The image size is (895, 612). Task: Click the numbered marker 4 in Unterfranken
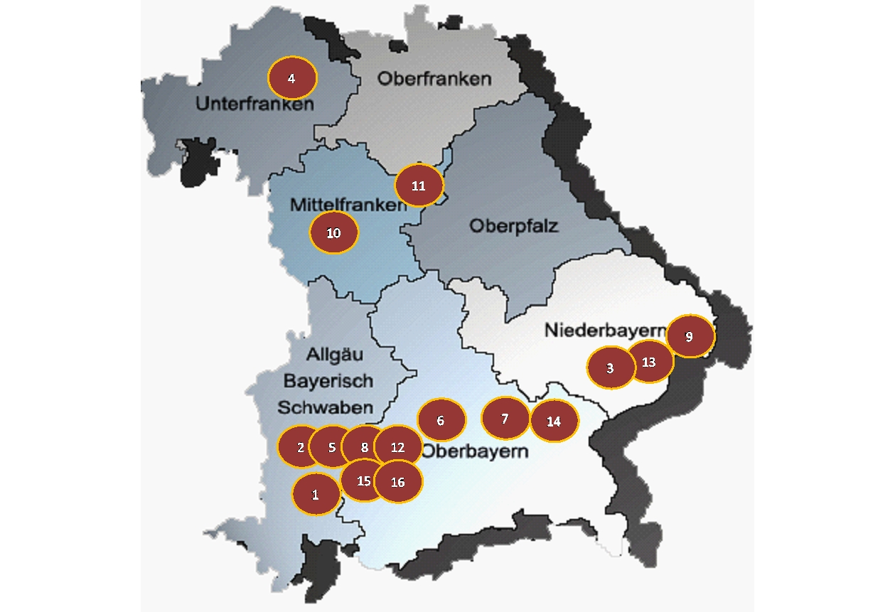point(291,78)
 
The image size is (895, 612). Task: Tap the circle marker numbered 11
point(419,186)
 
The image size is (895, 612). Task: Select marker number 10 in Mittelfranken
point(333,232)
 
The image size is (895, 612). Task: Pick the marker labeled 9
point(690,336)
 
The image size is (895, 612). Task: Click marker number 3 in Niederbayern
point(611,368)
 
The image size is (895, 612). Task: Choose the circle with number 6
point(441,420)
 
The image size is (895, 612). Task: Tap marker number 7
point(505,418)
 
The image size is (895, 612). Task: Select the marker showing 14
point(554,421)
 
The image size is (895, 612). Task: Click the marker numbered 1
point(316,493)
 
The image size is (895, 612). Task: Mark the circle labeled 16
point(398,481)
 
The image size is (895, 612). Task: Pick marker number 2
point(299,447)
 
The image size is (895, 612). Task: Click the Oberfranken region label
point(434,78)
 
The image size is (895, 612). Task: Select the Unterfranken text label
point(254,104)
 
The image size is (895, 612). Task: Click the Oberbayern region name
point(475,451)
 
